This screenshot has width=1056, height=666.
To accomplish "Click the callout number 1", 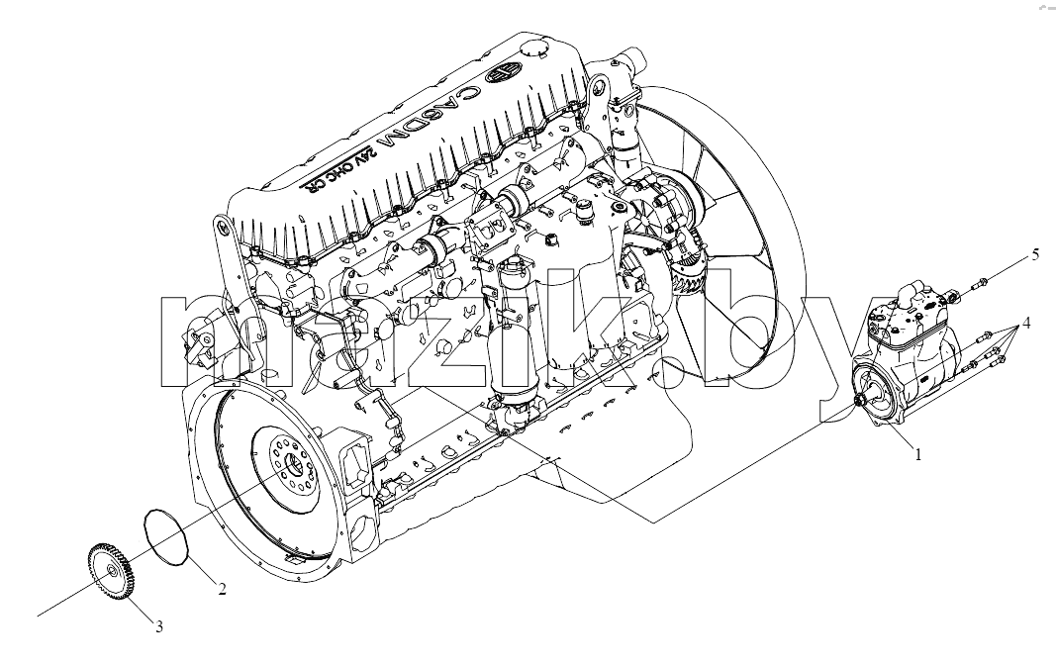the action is point(916,454).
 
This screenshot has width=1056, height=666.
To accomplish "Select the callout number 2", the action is point(222,589).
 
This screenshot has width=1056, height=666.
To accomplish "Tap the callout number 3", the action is point(159,627).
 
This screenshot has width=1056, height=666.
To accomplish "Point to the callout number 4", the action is point(1025,323).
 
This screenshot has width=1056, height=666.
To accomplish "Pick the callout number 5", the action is point(1036,254).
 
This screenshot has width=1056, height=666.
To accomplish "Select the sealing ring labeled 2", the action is point(166,535).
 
